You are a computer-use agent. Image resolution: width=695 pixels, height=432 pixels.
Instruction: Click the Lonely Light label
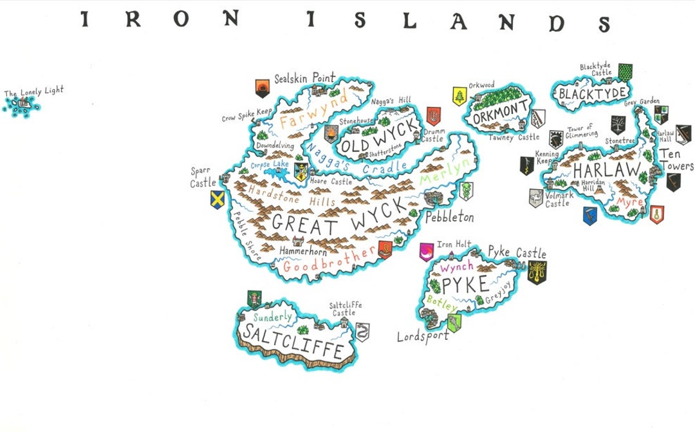34,93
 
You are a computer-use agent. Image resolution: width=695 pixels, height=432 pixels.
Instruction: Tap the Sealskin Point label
304,79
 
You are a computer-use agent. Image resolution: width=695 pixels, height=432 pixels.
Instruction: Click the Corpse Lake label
270,165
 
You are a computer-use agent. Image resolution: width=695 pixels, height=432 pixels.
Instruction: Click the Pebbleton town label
449,218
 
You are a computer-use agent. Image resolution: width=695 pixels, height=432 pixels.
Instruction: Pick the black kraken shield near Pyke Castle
536,272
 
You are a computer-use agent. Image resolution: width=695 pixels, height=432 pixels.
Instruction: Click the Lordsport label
422,336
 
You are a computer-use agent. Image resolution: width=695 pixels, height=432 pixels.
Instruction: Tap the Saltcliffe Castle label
346,309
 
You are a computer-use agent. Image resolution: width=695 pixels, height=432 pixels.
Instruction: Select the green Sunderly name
273,317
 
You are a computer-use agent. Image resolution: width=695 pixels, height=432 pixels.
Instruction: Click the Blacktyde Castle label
596,70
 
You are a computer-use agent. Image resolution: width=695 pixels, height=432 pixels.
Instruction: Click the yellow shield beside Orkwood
459,96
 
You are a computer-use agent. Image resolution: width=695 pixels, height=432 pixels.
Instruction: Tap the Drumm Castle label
433,136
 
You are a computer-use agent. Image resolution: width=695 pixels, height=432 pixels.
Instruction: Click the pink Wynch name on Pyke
457,266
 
